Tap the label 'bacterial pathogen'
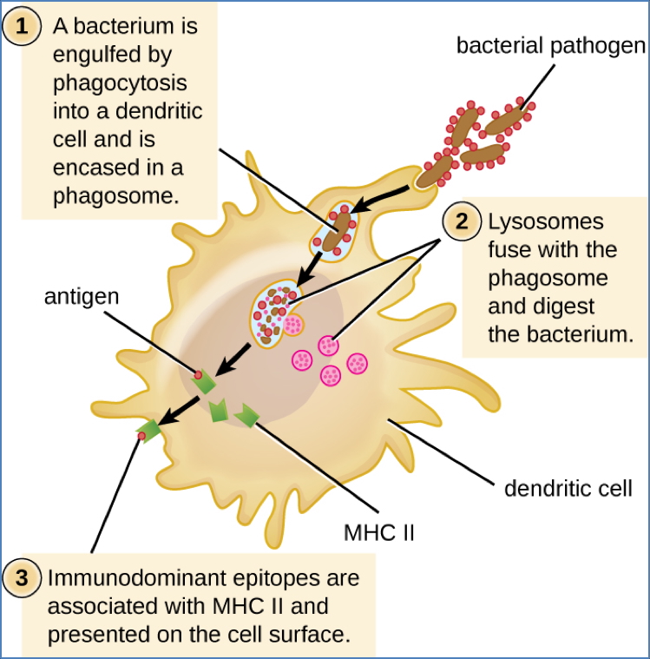coord(551,45)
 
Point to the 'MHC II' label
coord(379,530)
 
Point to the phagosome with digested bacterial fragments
coord(279,313)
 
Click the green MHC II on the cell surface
coord(150,430)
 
